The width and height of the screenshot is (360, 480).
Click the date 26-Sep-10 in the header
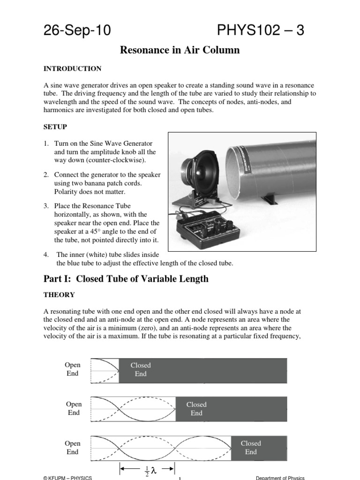click(77, 30)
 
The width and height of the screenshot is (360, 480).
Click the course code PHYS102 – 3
click(261, 30)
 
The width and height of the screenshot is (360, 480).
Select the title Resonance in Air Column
click(180, 50)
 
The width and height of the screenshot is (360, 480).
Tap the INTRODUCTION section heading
click(72, 69)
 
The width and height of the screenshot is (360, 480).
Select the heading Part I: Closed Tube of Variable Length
click(126, 279)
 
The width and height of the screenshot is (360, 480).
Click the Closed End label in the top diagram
click(141, 369)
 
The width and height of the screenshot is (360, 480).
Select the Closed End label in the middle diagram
click(196, 409)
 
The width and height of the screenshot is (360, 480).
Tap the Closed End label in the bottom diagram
click(251, 448)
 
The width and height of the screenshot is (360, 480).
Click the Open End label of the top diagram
click(73, 369)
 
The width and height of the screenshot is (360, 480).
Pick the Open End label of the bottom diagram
click(73, 448)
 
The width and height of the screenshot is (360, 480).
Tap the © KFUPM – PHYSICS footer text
click(67, 478)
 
